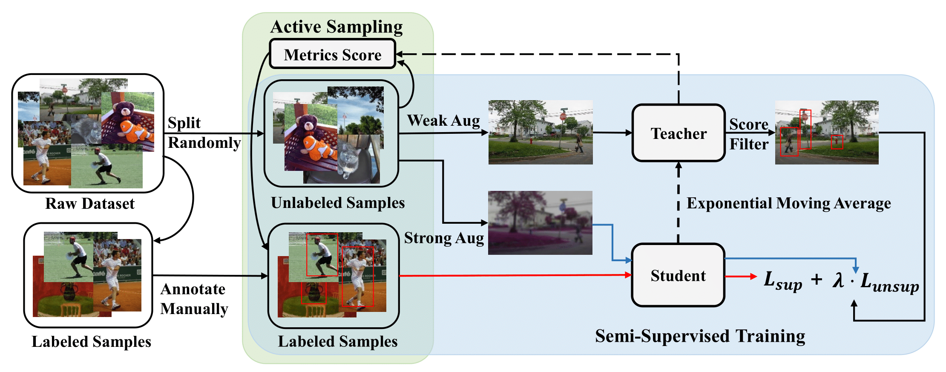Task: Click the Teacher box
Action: [679, 133]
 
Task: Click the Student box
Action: [678, 275]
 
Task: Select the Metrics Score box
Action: [333, 55]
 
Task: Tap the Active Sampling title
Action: [336, 27]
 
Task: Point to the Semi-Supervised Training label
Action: [700, 336]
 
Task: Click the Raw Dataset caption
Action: [90, 204]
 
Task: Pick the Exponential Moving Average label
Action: [788, 203]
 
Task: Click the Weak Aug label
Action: [443, 121]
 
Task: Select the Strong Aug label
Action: [444, 238]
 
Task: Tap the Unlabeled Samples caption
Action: [338, 203]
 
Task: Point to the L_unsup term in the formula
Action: [889, 283]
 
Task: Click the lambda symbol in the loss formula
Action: [838, 280]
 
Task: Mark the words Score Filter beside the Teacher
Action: [749, 134]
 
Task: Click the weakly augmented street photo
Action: [540, 132]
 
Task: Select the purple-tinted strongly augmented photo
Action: [540, 222]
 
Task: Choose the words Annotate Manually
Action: [194, 299]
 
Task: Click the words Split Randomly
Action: [204, 133]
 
